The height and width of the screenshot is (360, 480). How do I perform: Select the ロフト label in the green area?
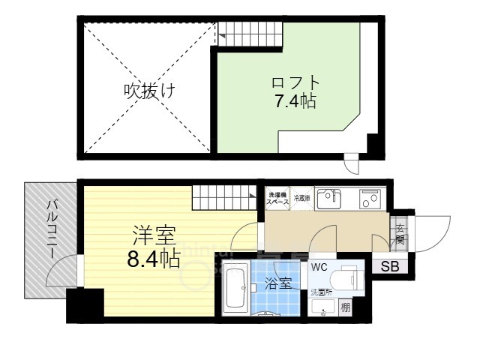pos(294,82)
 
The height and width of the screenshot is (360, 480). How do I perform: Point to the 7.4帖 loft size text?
pos(294,100)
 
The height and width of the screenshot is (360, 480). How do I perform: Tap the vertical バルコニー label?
pos(53,229)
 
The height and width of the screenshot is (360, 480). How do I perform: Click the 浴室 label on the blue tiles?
pos(276,285)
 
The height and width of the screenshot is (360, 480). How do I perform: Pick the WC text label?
pos(318,267)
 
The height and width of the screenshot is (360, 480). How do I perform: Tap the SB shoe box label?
pos(389,265)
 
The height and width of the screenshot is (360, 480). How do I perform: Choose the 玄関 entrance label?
pos(400,235)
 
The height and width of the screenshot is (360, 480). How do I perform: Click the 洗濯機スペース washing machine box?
pos(277,199)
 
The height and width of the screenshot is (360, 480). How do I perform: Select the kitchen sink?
pos(328,199)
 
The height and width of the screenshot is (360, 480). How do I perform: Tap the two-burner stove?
pos(369,199)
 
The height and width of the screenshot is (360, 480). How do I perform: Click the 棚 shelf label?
pos(344,306)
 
